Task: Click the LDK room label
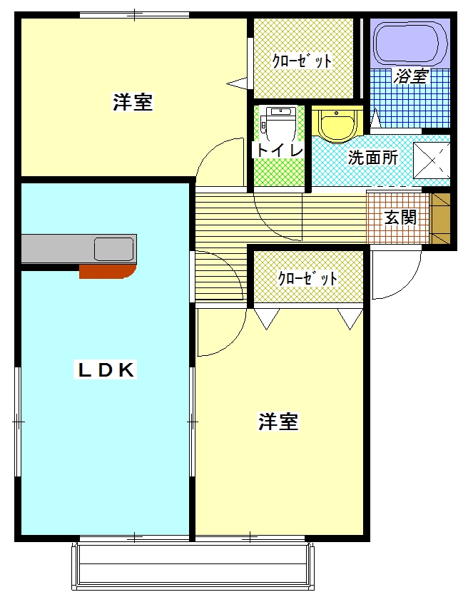pyautogui.click(x=106, y=369)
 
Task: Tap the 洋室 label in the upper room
pyautogui.click(x=133, y=103)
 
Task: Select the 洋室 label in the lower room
pyautogui.click(x=278, y=422)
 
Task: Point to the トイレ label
pyautogui.click(x=280, y=150)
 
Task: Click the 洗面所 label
pyautogui.click(x=372, y=158)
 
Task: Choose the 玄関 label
pyautogui.click(x=400, y=218)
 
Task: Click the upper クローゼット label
pyautogui.click(x=302, y=61)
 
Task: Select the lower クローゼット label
pyautogui.click(x=307, y=277)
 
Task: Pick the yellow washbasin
pyautogui.click(x=336, y=125)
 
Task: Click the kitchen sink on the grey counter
pyautogui.click(x=113, y=250)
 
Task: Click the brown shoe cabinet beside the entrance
pyautogui.click(x=441, y=218)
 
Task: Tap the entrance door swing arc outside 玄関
pyautogui.click(x=396, y=275)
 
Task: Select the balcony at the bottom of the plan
pyautogui.click(x=193, y=567)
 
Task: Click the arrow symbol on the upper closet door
pyautogui.click(x=236, y=83)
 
